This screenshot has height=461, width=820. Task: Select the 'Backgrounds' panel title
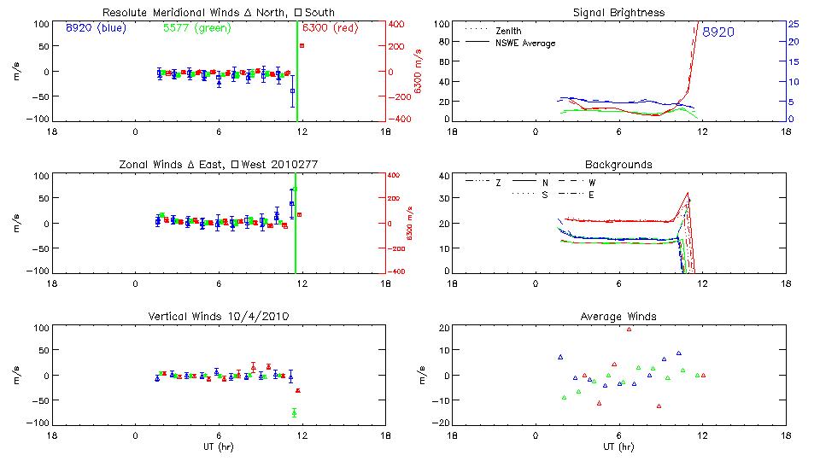coord(619,164)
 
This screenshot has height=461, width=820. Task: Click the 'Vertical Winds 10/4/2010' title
coord(219,317)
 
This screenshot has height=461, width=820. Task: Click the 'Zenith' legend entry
coord(508,31)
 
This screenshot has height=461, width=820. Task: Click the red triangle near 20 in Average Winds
coord(630,329)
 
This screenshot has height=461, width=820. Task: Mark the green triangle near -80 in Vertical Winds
coord(294,413)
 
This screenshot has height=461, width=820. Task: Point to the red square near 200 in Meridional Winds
coord(302,46)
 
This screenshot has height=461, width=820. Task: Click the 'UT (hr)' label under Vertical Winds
coord(219,446)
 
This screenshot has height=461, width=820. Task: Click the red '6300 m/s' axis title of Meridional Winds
coord(419,72)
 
